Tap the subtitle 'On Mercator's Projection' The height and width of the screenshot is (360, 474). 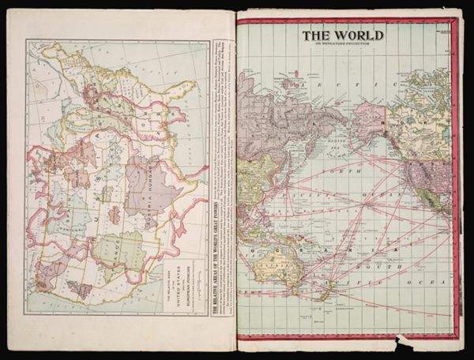click(x=341, y=44)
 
